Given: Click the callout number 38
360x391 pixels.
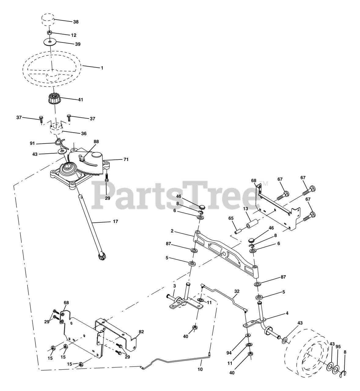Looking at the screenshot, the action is [76, 22].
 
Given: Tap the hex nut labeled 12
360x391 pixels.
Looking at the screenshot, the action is [50, 32].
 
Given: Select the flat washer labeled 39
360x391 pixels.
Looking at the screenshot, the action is [50, 42].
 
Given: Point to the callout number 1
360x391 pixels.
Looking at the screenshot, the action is [102, 68].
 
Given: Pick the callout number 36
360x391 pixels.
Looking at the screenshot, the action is [84, 133].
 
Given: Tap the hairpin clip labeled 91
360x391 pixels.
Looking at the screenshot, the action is [61, 144].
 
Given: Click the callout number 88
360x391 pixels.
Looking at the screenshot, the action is [96, 142].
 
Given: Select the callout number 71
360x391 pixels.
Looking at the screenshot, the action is [126, 159].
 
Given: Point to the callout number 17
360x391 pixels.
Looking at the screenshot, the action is [116, 221].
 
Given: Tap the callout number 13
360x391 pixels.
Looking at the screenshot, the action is [245, 209].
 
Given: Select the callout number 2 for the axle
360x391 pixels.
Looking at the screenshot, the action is [172, 231].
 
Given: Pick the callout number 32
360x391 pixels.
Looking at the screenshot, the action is [237, 291].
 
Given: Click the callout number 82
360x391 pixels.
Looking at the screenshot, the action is [141, 331].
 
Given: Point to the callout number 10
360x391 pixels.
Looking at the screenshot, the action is [200, 369].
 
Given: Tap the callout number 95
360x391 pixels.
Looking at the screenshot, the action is [338, 347].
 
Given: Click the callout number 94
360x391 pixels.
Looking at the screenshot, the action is [229, 353].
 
